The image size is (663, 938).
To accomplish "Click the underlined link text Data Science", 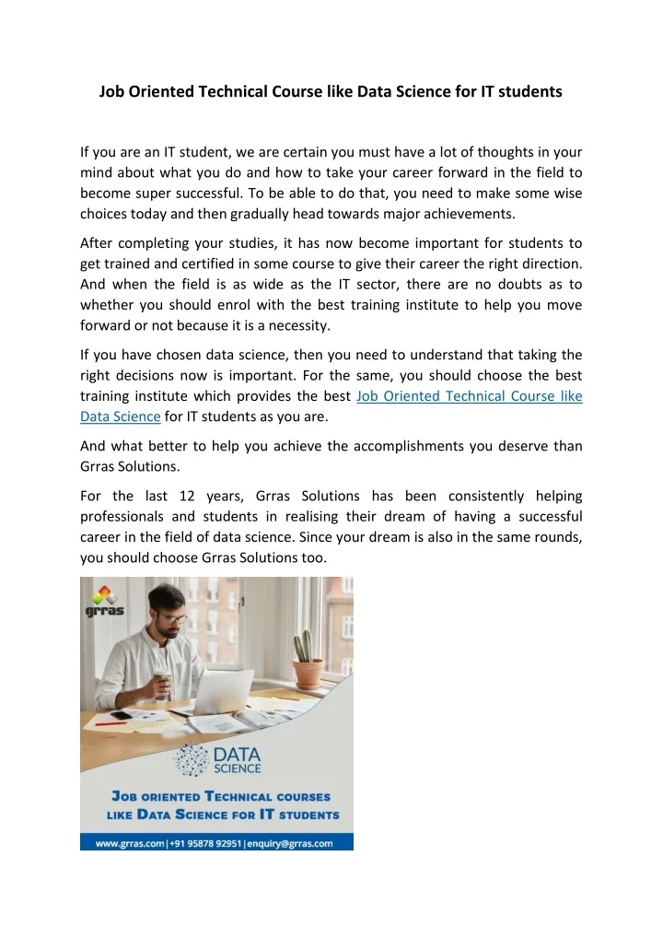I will [121, 416].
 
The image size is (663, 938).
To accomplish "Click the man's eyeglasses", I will [173, 618].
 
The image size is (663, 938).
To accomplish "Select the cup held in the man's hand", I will [160, 683].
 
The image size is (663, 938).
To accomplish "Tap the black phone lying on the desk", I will [122, 715].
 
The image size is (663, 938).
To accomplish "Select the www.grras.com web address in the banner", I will [126, 842].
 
